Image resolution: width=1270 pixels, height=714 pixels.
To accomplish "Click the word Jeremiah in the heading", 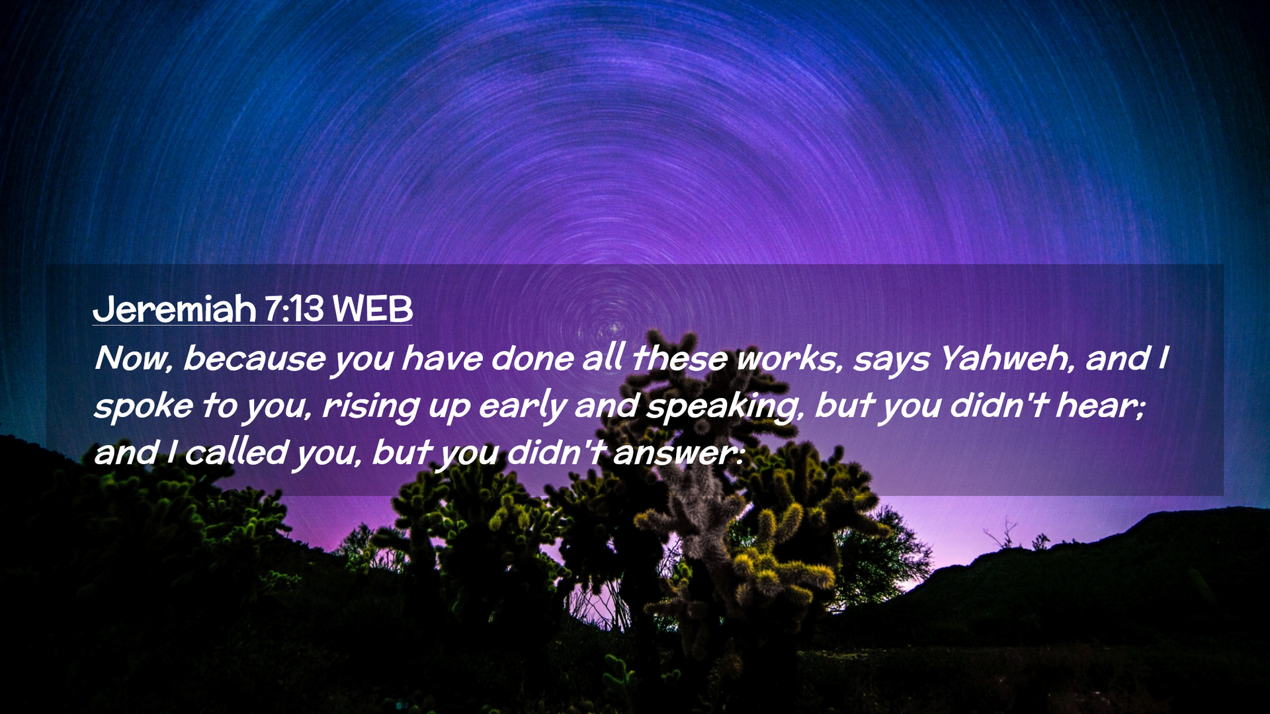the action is pos(175,309).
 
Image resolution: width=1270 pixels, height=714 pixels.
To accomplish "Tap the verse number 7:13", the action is pos(294,309).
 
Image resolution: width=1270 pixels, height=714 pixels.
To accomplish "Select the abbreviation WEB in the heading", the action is pos(372,309).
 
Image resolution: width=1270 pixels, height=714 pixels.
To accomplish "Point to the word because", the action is pos(254,359).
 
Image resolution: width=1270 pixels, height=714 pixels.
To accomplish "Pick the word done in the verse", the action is pos(532,359).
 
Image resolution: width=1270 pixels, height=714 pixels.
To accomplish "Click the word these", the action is pos(679,359).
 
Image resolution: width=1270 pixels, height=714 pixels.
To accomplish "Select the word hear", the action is pos(1099,406).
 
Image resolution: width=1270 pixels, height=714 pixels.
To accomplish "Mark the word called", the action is pos(236,453).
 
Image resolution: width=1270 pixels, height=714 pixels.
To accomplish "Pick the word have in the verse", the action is pos(442,359).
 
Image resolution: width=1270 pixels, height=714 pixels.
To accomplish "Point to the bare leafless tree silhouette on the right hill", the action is pos(1002,533).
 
